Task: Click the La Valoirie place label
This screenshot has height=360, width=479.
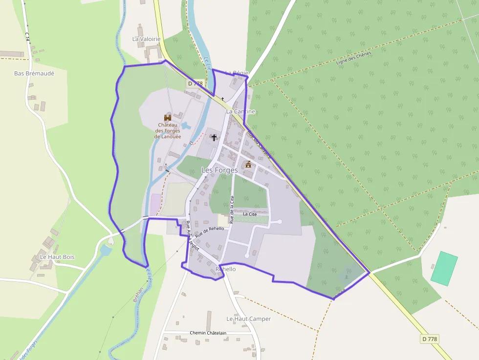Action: [x=147, y=39]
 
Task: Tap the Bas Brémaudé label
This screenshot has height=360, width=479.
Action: [x=34, y=73]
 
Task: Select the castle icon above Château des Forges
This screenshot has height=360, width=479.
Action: [x=168, y=118]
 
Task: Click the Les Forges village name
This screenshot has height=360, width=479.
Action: [x=219, y=170]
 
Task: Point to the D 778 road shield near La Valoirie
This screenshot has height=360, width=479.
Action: [x=195, y=84]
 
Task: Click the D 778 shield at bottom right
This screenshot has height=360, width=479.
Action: [x=429, y=339]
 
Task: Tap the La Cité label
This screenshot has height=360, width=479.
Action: [x=249, y=214]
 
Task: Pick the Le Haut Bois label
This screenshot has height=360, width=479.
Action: [x=57, y=257]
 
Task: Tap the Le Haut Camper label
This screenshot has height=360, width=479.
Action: [x=248, y=319]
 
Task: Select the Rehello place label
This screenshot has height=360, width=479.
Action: [x=225, y=269]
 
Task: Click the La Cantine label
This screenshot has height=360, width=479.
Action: [x=240, y=111]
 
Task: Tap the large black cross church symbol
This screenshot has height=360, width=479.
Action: [x=214, y=138]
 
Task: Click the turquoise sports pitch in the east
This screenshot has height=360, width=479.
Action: [x=444, y=269]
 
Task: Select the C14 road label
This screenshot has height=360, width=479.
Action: [x=27, y=37]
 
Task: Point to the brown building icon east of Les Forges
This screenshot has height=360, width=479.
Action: [x=248, y=164]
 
